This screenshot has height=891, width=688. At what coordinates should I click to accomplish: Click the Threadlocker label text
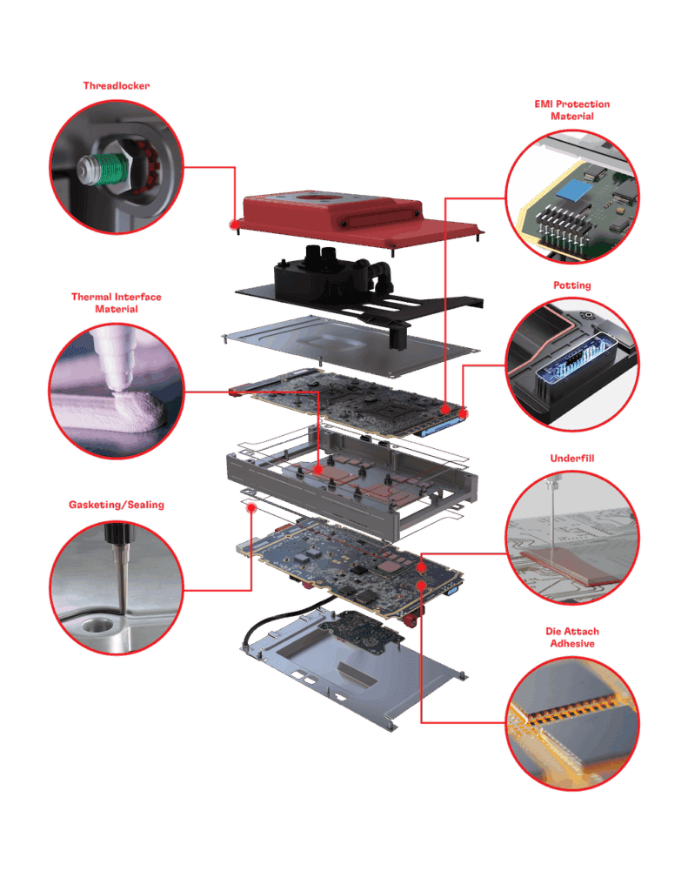tap(117, 85)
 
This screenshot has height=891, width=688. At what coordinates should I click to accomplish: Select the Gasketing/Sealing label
tap(117, 505)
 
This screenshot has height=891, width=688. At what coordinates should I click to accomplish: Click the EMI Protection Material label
tap(571, 110)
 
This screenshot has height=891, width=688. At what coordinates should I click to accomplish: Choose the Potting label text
tap(571, 285)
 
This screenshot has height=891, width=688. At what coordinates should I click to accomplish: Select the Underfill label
tap(571, 458)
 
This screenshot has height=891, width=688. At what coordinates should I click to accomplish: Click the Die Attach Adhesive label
tap(571, 637)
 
